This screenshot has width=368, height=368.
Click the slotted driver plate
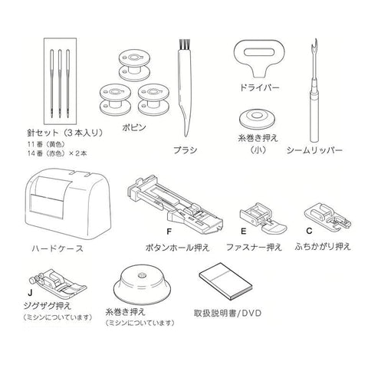(259, 58)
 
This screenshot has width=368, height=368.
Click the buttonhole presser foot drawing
(175, 204)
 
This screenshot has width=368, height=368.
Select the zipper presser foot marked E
(263, 217)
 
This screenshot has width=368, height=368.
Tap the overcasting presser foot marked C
(327, 215)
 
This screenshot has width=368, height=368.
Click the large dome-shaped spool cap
(142, 286)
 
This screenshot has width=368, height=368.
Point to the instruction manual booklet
(225, 281)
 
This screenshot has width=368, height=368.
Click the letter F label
(169, 232)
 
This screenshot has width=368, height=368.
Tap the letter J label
(30, 293)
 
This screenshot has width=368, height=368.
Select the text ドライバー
(259, 88)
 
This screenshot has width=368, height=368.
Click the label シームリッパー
(314, 150)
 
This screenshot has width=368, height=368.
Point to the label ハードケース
(58, 248)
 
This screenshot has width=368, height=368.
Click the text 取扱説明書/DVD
(228, 314)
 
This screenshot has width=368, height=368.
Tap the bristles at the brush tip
(184, 44)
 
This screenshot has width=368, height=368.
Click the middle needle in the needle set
(60, 83)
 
